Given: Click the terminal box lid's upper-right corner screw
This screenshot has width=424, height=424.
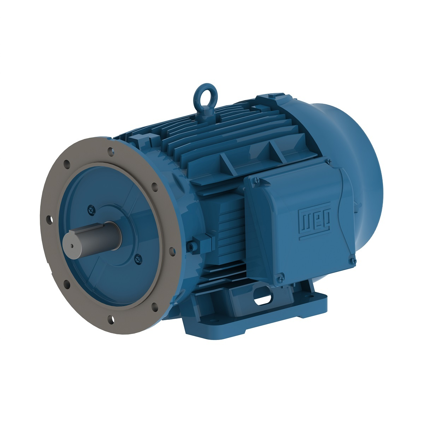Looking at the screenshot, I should click(x=329, y=162).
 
